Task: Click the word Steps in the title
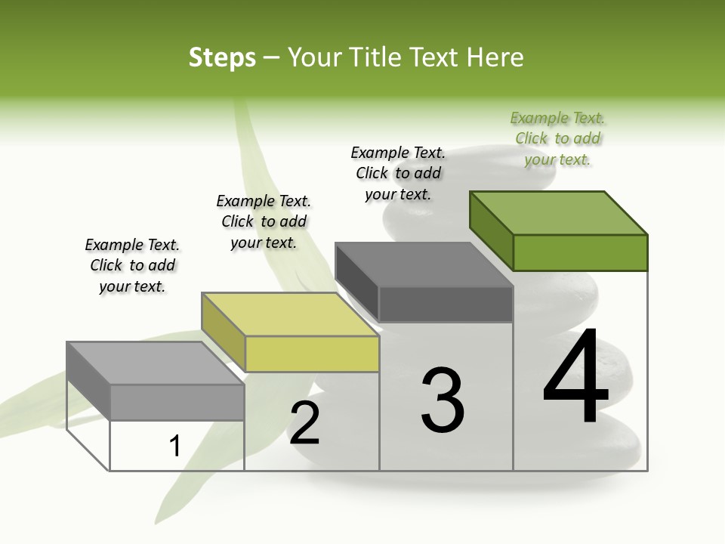(x=222, y=57)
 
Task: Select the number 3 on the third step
(x=443, y=400)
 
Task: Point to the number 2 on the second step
(x=304, y=423)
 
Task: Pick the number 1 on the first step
(x=175, y=447)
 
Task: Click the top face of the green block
(x=559, y=212)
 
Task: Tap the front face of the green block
(x=580, y=252)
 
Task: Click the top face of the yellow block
(x=290, y=314)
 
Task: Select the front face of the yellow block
(x=312, y=354)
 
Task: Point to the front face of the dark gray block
(x=446, y=304)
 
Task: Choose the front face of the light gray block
(x=177, y=402)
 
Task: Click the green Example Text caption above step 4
(x=557, y=138)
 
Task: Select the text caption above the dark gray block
(x=398, y=173)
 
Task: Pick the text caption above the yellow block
(x=264, y=221)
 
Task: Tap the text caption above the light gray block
(x=132, y=265)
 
